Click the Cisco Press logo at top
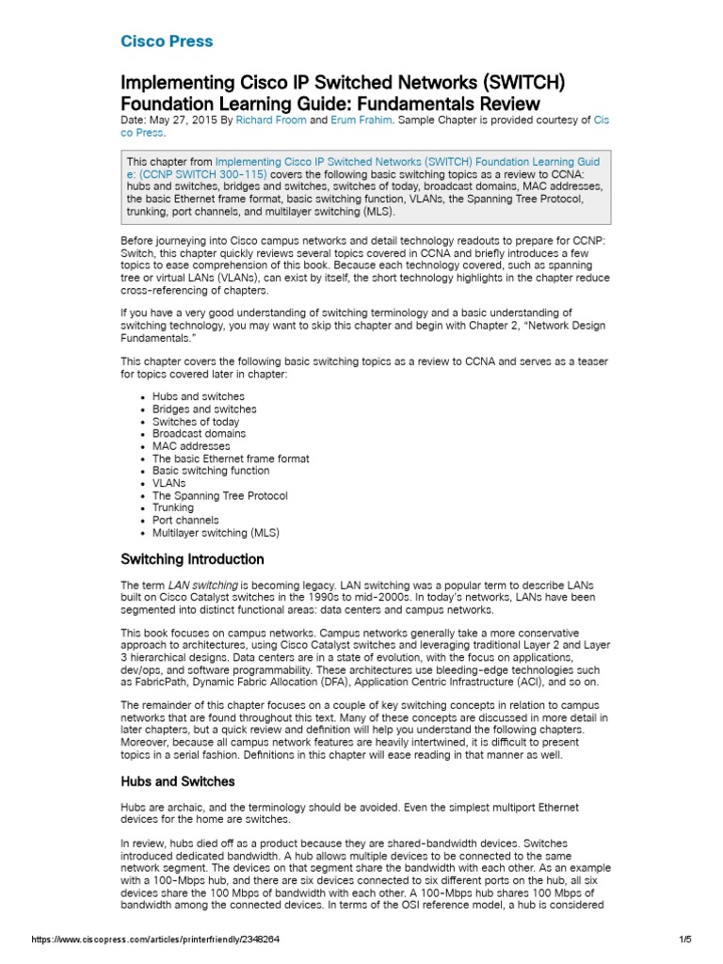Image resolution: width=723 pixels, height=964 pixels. tap(167, 41)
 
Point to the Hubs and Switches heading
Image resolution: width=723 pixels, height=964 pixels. tap(178, 781)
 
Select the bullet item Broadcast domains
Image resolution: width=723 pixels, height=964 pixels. tap(199, 434)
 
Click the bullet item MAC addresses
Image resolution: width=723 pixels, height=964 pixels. tap(190, 446)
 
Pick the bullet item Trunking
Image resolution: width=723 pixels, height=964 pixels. tap(172, 507)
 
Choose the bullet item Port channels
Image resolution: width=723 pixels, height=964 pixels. tap(185, 520)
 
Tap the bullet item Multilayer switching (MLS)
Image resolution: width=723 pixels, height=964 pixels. tap(216, 532)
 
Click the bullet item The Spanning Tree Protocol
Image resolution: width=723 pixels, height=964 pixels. tap(219, 495)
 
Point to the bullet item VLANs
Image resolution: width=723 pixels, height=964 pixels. tap(169, 483)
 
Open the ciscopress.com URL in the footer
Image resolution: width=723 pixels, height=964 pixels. tap(155, 940)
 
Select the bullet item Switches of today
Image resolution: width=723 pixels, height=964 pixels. tap(196, 422)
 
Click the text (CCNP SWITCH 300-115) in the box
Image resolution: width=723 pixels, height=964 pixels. tap(202, 174)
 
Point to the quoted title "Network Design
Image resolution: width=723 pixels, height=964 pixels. tap(565, 326)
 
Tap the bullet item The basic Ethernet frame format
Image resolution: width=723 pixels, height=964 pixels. tap(231, 458)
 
